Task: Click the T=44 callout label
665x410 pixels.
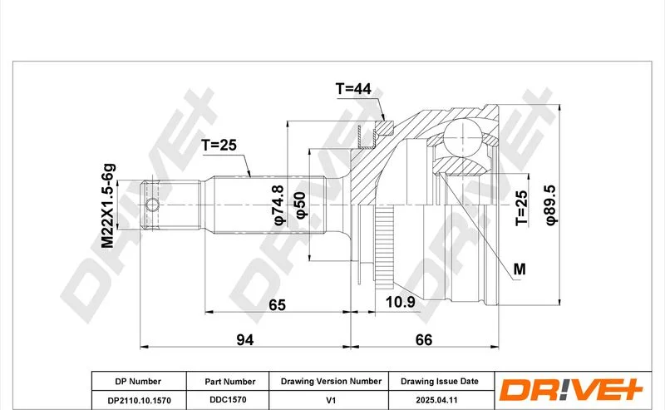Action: pyautogui.click(x=353, y=89)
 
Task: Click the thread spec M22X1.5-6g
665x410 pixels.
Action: pyautogui.click(x=108, y=205)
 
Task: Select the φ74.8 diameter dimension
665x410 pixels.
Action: pyautogui.click(x=278, y=205)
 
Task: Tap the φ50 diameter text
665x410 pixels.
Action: pyautogui.click(x=300, y=205)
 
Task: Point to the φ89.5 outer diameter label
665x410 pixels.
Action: pyautogui.click(x=550, y=205)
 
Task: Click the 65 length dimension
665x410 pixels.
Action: pyautogui.click(x=278, y=304)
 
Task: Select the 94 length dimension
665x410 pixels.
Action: pyautogui.click(x=244, y=339)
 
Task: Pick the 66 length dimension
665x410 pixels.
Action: pyautogui.click(x=424, y=339)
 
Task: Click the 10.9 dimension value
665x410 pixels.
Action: pyautogui.click(x=400, y=302)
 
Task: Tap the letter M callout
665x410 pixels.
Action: pyautogui.click(x=520, y=269)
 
